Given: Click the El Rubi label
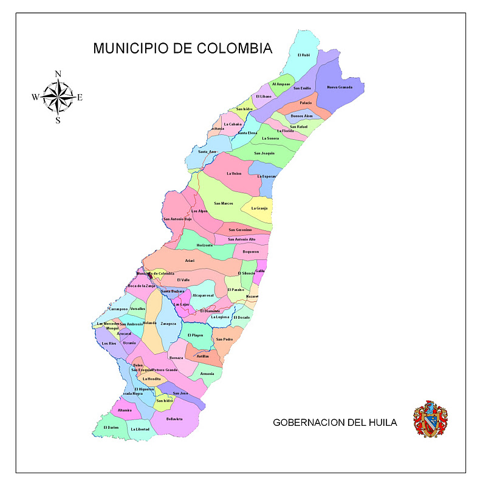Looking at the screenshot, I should [x=304, y=55].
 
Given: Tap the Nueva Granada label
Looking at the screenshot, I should [x=340, y=87].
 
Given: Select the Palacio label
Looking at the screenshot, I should [x=306, y=103].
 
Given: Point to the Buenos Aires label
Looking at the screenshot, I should [x=302, y=115].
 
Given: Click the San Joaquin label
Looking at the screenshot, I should [x=264, y=153].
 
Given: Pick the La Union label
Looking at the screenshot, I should [x=234, y=174].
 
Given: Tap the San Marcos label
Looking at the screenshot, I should [x=224, y=204].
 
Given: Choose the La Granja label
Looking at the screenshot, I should [x=259, y=208].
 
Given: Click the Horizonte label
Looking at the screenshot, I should [x=205, y=245].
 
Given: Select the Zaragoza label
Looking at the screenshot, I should [x=169, y=324].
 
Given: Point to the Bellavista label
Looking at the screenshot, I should [x=174, y=419].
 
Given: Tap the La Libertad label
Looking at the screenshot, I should [x=140, y=430].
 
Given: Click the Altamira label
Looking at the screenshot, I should [x=125, y=410].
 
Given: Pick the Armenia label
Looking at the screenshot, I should [x=207, y=373].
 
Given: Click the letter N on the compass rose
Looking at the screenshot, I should [x=58, y=74].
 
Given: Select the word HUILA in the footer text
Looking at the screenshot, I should [x=380, y=422].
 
